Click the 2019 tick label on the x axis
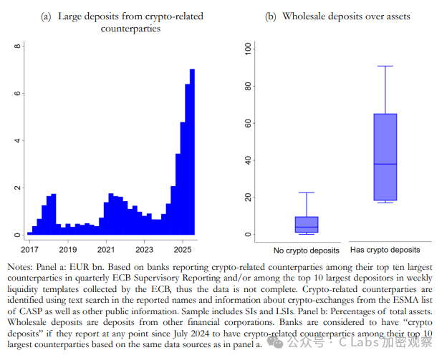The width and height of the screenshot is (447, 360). point(67,249)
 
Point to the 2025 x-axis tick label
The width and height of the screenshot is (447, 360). point(183,249)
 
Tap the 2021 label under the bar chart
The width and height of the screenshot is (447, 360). point(106,249)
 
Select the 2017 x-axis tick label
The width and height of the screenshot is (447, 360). point(29,249)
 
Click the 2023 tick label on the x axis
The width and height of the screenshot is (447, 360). point(145,249)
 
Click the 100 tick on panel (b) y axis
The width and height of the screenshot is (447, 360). point(247,49)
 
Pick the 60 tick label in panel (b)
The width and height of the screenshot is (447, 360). point(247,123)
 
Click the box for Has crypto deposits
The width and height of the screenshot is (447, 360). point(385,157)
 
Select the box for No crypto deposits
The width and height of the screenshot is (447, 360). point(307,224)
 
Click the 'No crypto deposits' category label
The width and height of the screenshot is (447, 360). point(307,250)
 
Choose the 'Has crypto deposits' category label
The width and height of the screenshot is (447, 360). point(385,250)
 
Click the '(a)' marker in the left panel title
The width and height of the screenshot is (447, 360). point(46,16)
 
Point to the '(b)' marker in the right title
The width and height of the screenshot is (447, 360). point(271,16)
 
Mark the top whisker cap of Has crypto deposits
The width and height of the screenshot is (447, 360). point(385,66)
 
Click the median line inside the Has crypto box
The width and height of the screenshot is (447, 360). point(385,164)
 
